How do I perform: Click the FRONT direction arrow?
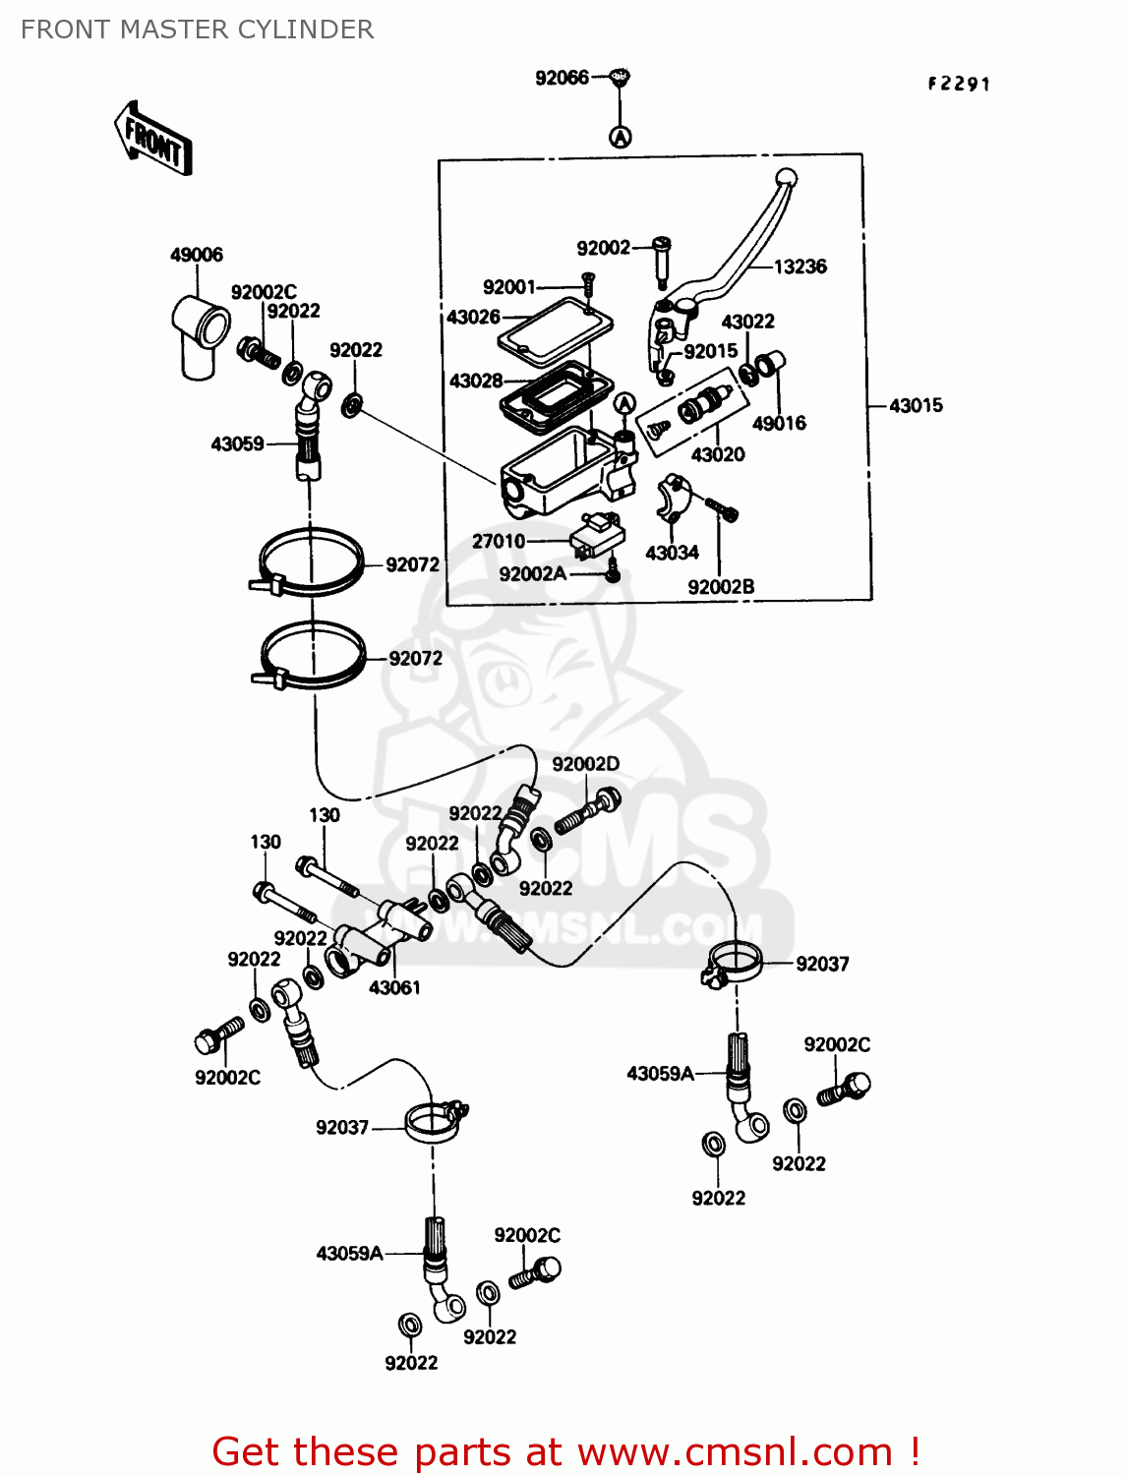[153, 139]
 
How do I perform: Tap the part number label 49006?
[197, 255]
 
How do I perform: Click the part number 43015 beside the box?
[916, 405]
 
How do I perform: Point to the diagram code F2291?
[959, 85]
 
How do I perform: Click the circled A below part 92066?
[620, 137]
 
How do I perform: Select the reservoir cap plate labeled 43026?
[556, 325]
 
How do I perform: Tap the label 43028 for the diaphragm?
[476, 381]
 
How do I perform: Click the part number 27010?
[499, 541]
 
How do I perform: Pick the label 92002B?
[721, 587]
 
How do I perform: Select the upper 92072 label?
[412, 564]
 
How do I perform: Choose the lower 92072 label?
[415, 658]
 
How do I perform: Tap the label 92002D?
[585, 764]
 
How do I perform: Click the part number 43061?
[394, 987]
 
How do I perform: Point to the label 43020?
[718, 454]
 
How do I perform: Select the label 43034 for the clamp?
[672, 553]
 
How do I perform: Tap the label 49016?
[779, 424]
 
